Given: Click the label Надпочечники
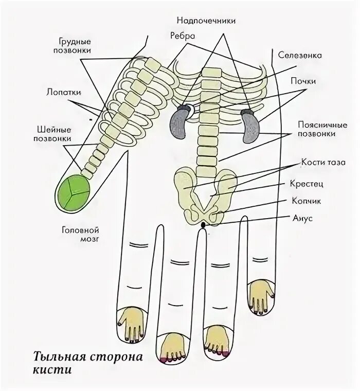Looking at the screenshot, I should (x=206, y=21).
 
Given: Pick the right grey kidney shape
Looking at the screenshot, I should (x=250, y=127).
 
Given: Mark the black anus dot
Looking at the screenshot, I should (x=203, y=225).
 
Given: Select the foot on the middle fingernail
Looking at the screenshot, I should (x=170, y=349).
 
